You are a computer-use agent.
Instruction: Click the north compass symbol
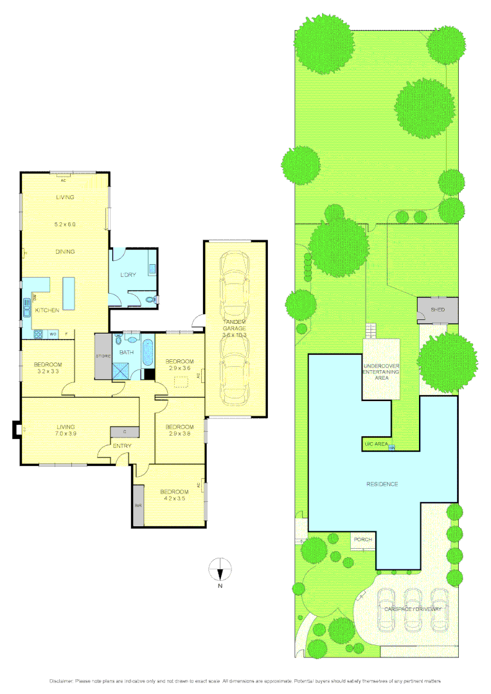pos(220,569)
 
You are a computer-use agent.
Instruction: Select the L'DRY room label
pos(129,275)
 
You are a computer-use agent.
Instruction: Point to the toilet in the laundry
pos(150,299)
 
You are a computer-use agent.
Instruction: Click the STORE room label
pos(103,355)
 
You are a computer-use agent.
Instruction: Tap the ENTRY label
pos(122,446)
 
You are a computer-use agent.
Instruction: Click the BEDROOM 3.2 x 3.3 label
pos(48,368)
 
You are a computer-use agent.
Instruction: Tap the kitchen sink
pos(28,308)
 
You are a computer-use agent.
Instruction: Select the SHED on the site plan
pos(438,310)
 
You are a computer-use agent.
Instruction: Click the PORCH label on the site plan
pos(362,540)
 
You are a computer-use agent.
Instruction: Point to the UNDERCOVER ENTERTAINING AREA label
pos(382,372)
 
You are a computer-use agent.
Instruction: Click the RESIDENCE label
pos(382,484)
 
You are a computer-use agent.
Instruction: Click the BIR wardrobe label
pos(138,506)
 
